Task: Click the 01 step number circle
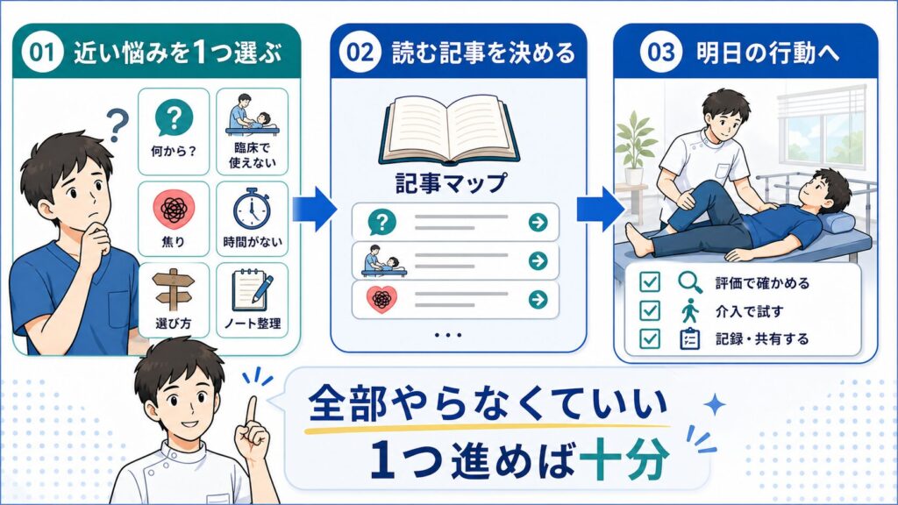[42, 52]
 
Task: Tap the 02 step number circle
[360, 52]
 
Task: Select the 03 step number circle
[661, 52]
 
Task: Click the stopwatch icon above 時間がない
[252, 209]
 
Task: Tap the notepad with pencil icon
[252, 290]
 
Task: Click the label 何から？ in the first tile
[174, 152]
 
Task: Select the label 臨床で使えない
[252, 155]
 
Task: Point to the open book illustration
[450, 130]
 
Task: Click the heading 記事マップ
[452, 183]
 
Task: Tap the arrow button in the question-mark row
[538, 222]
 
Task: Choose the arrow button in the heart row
[538, 299]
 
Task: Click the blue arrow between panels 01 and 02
[315, 209]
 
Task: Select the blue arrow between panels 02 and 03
[599, 209]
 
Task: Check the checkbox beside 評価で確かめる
[650, 281]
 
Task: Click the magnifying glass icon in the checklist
[690, 281]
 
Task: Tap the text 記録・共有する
[762, 339]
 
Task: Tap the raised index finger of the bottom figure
[252, 411]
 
